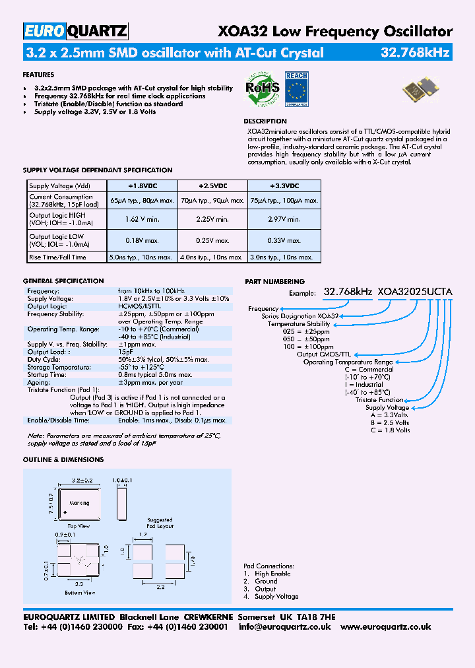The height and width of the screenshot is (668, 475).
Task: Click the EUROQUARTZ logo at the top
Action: click(75, 31)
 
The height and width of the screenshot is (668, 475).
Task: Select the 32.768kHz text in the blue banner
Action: click(416, 53)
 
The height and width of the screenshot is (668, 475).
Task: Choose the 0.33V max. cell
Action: click(284, 241)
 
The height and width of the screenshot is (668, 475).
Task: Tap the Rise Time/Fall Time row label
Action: click(58, 257)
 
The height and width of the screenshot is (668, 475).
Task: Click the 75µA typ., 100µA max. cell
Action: click(284, 201)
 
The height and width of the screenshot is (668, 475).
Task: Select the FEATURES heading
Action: click(38, 75)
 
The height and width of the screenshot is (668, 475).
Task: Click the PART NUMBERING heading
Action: click(274, 282)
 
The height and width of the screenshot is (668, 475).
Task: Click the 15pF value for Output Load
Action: click(126, 352)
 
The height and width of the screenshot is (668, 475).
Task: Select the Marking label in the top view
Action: click(79, 503)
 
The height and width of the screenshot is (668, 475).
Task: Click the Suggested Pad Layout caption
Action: click(160, 523)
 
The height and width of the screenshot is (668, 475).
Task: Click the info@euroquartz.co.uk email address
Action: click(284, 627)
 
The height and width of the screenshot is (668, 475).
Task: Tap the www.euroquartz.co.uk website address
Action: click(386, 627)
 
